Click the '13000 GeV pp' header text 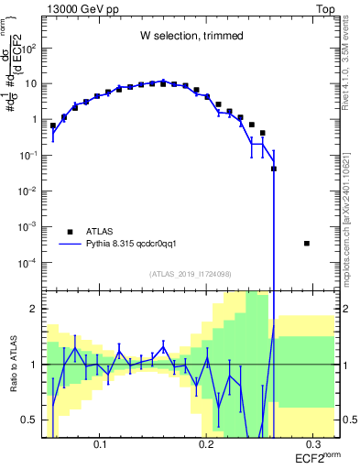(80, 8)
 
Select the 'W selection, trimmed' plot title (191, 36)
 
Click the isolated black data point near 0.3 (306, 243)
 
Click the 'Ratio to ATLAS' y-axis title (14, 364)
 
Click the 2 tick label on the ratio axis (35, 309)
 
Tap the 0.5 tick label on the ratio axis (30, 420)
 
